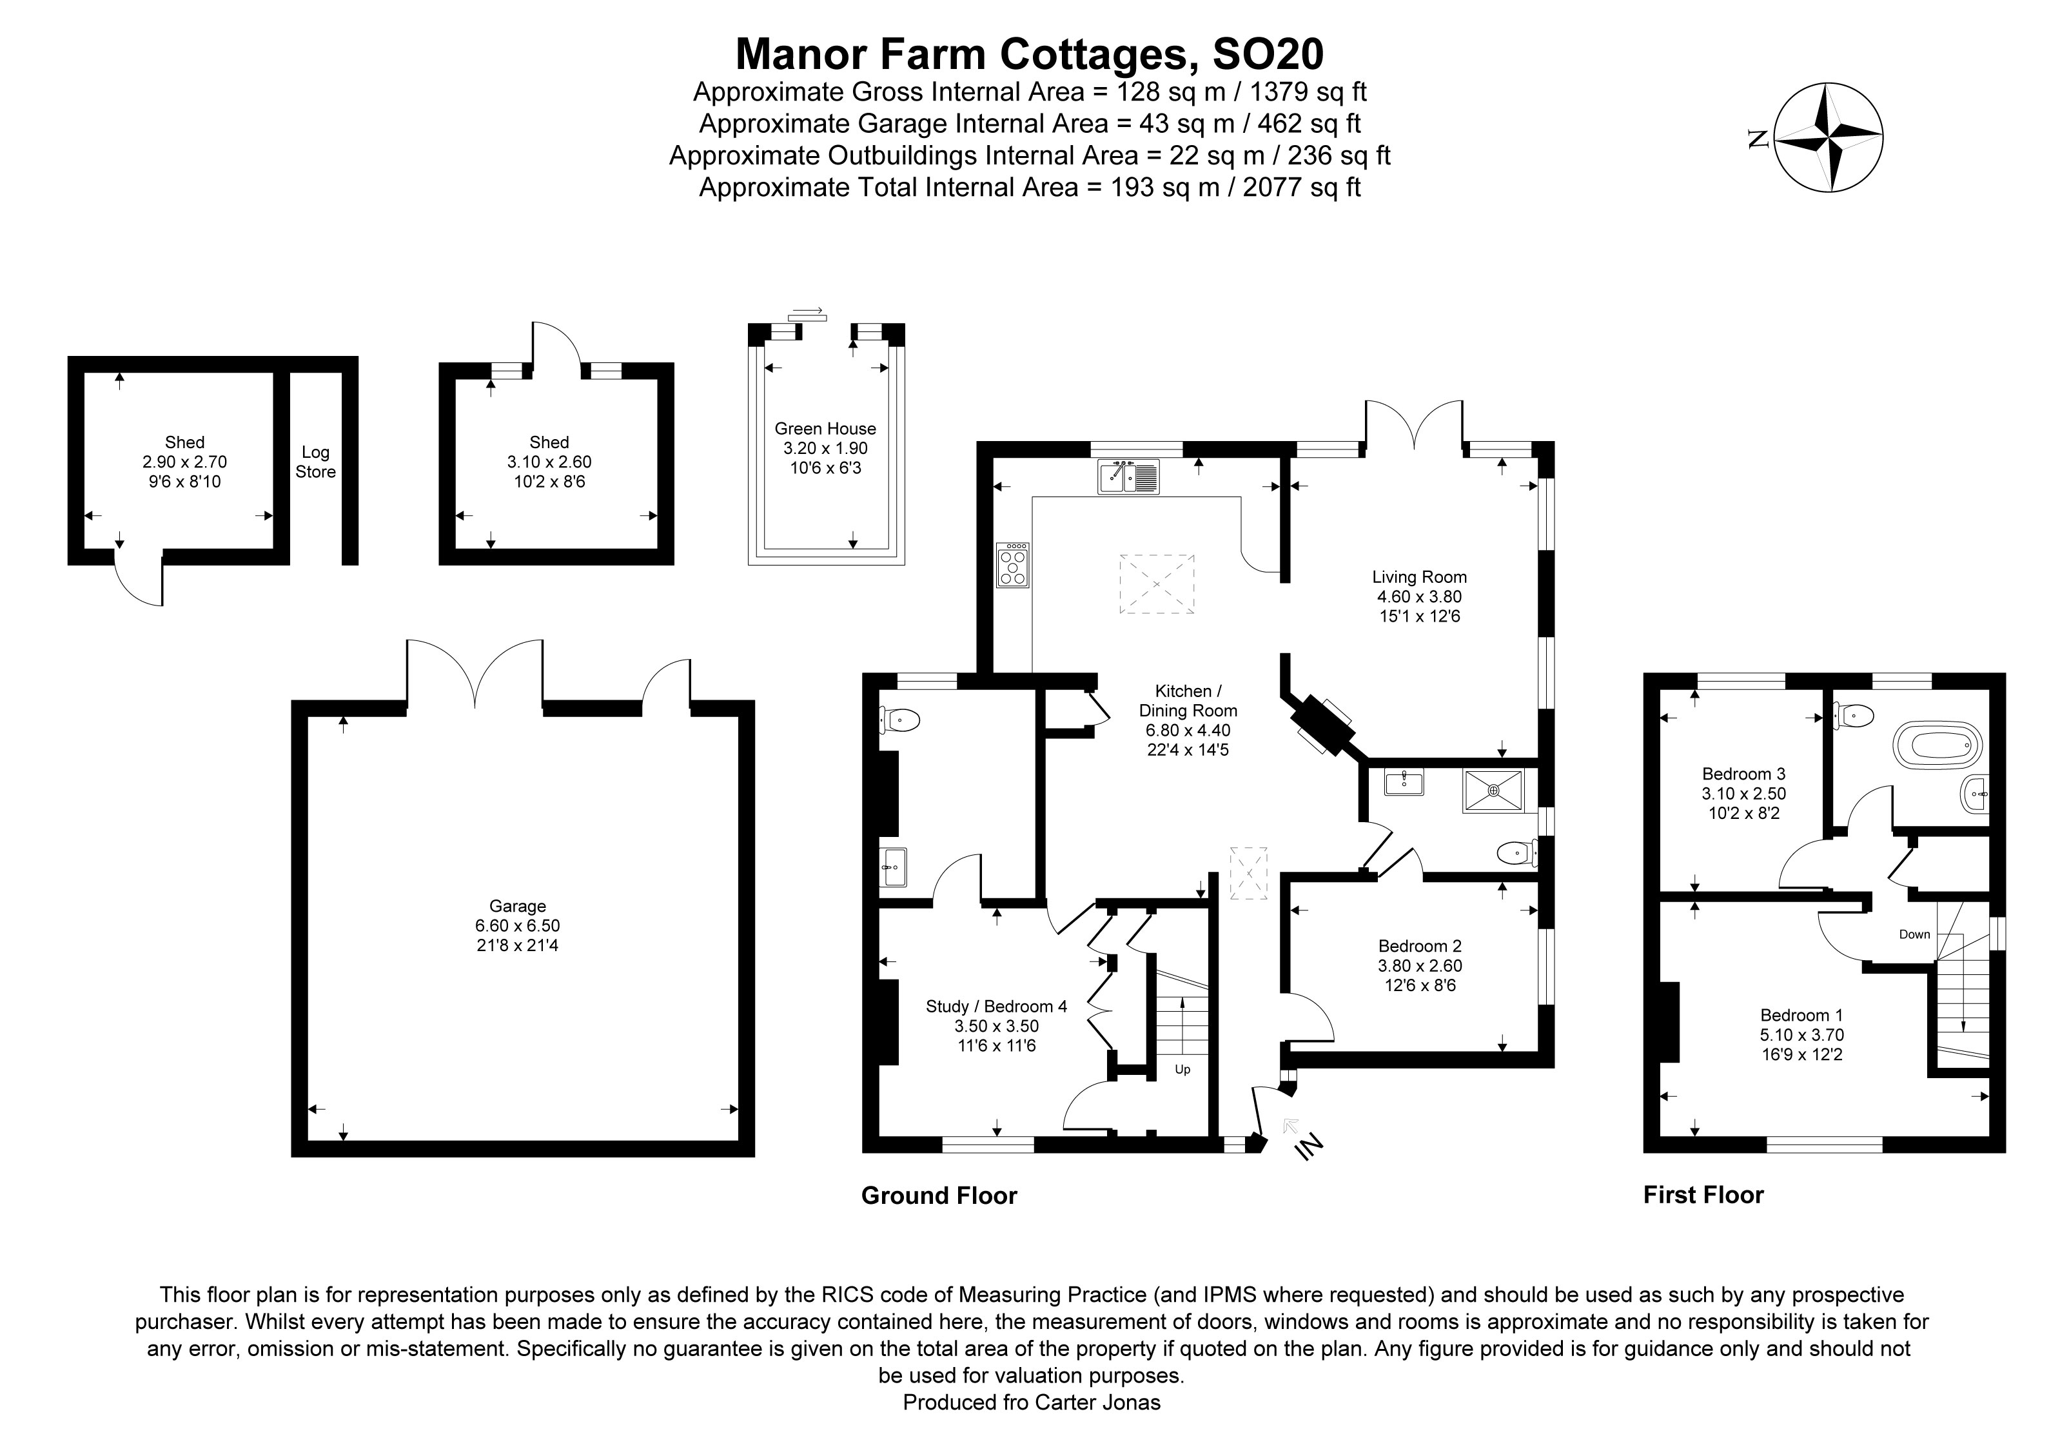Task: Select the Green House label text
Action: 825,429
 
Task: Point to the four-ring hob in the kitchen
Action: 1012,565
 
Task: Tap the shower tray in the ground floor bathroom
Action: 1493,791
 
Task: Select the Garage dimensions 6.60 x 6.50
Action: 517,926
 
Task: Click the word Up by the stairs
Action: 1182,1069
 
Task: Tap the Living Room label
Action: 1418,577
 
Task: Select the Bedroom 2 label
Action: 1419,945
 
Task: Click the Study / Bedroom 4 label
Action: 996,1007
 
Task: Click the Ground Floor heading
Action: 939,1196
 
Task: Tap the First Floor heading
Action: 1703,1195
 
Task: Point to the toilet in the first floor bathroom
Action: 1856,715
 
